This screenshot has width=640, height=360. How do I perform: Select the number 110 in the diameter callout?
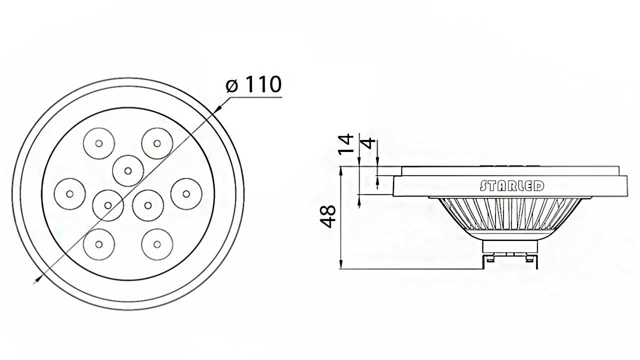pos(261,84)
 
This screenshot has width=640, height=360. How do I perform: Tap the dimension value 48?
pos(329,216)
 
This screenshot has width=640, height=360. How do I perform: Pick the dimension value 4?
pos(368,143)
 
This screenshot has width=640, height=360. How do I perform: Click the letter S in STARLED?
pos(483,186)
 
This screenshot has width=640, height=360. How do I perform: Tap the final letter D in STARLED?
pos(539,186)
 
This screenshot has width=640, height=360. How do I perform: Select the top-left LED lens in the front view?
pos(99,143)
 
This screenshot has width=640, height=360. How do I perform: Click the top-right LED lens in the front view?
pos(157,143)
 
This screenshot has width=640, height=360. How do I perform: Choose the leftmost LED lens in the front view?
pos(69,193)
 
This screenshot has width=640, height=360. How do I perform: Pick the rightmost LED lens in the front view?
pos(186,193)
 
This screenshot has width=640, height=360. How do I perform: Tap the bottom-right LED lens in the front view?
pos(157,244)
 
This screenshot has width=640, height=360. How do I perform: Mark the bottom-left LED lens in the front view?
pos(99,244)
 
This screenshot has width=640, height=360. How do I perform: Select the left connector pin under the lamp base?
pos(489,258)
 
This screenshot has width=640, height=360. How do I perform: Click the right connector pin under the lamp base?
pos(529,258)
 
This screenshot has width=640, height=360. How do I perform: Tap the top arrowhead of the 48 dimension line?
pos(341,170)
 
